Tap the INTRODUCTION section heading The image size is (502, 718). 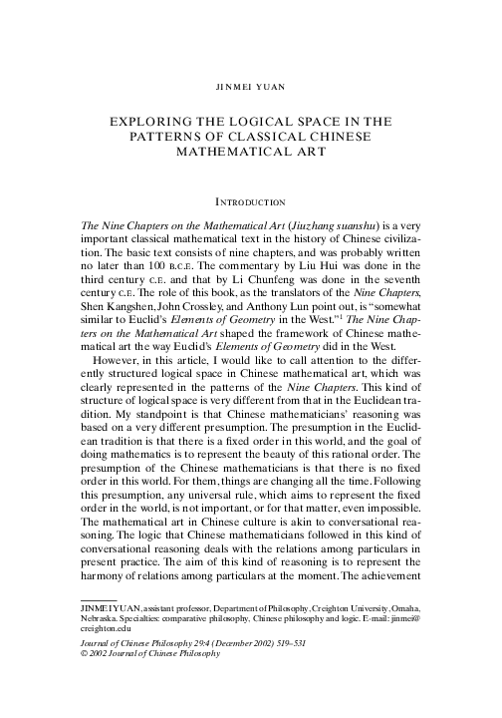click(251, 202)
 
